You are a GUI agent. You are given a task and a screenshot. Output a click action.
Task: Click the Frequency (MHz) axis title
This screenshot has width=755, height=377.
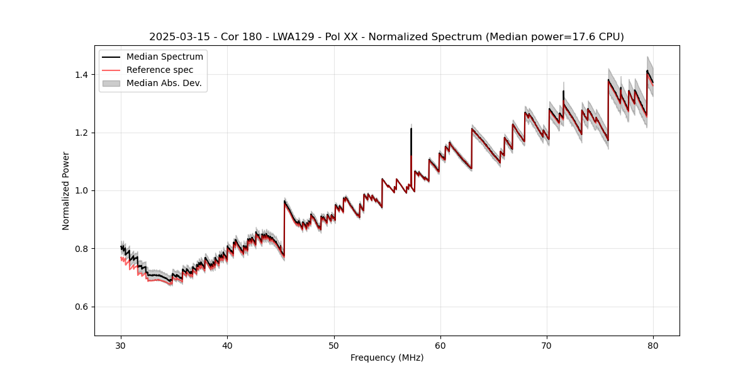click(x=387, y=358)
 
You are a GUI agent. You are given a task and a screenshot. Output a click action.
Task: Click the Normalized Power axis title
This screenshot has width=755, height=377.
click(x=66, y=190)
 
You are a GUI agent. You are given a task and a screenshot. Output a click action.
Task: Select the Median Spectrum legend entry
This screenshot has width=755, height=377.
click(x=165, y=57)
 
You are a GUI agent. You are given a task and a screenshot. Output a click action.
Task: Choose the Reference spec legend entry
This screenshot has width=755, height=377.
click(x=160, y=70)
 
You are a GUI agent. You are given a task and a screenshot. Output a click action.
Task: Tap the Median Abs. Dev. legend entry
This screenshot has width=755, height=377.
click(x=164, y=83)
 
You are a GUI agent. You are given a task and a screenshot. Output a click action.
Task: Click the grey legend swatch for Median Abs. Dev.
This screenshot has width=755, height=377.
click(x=112, y=83)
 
